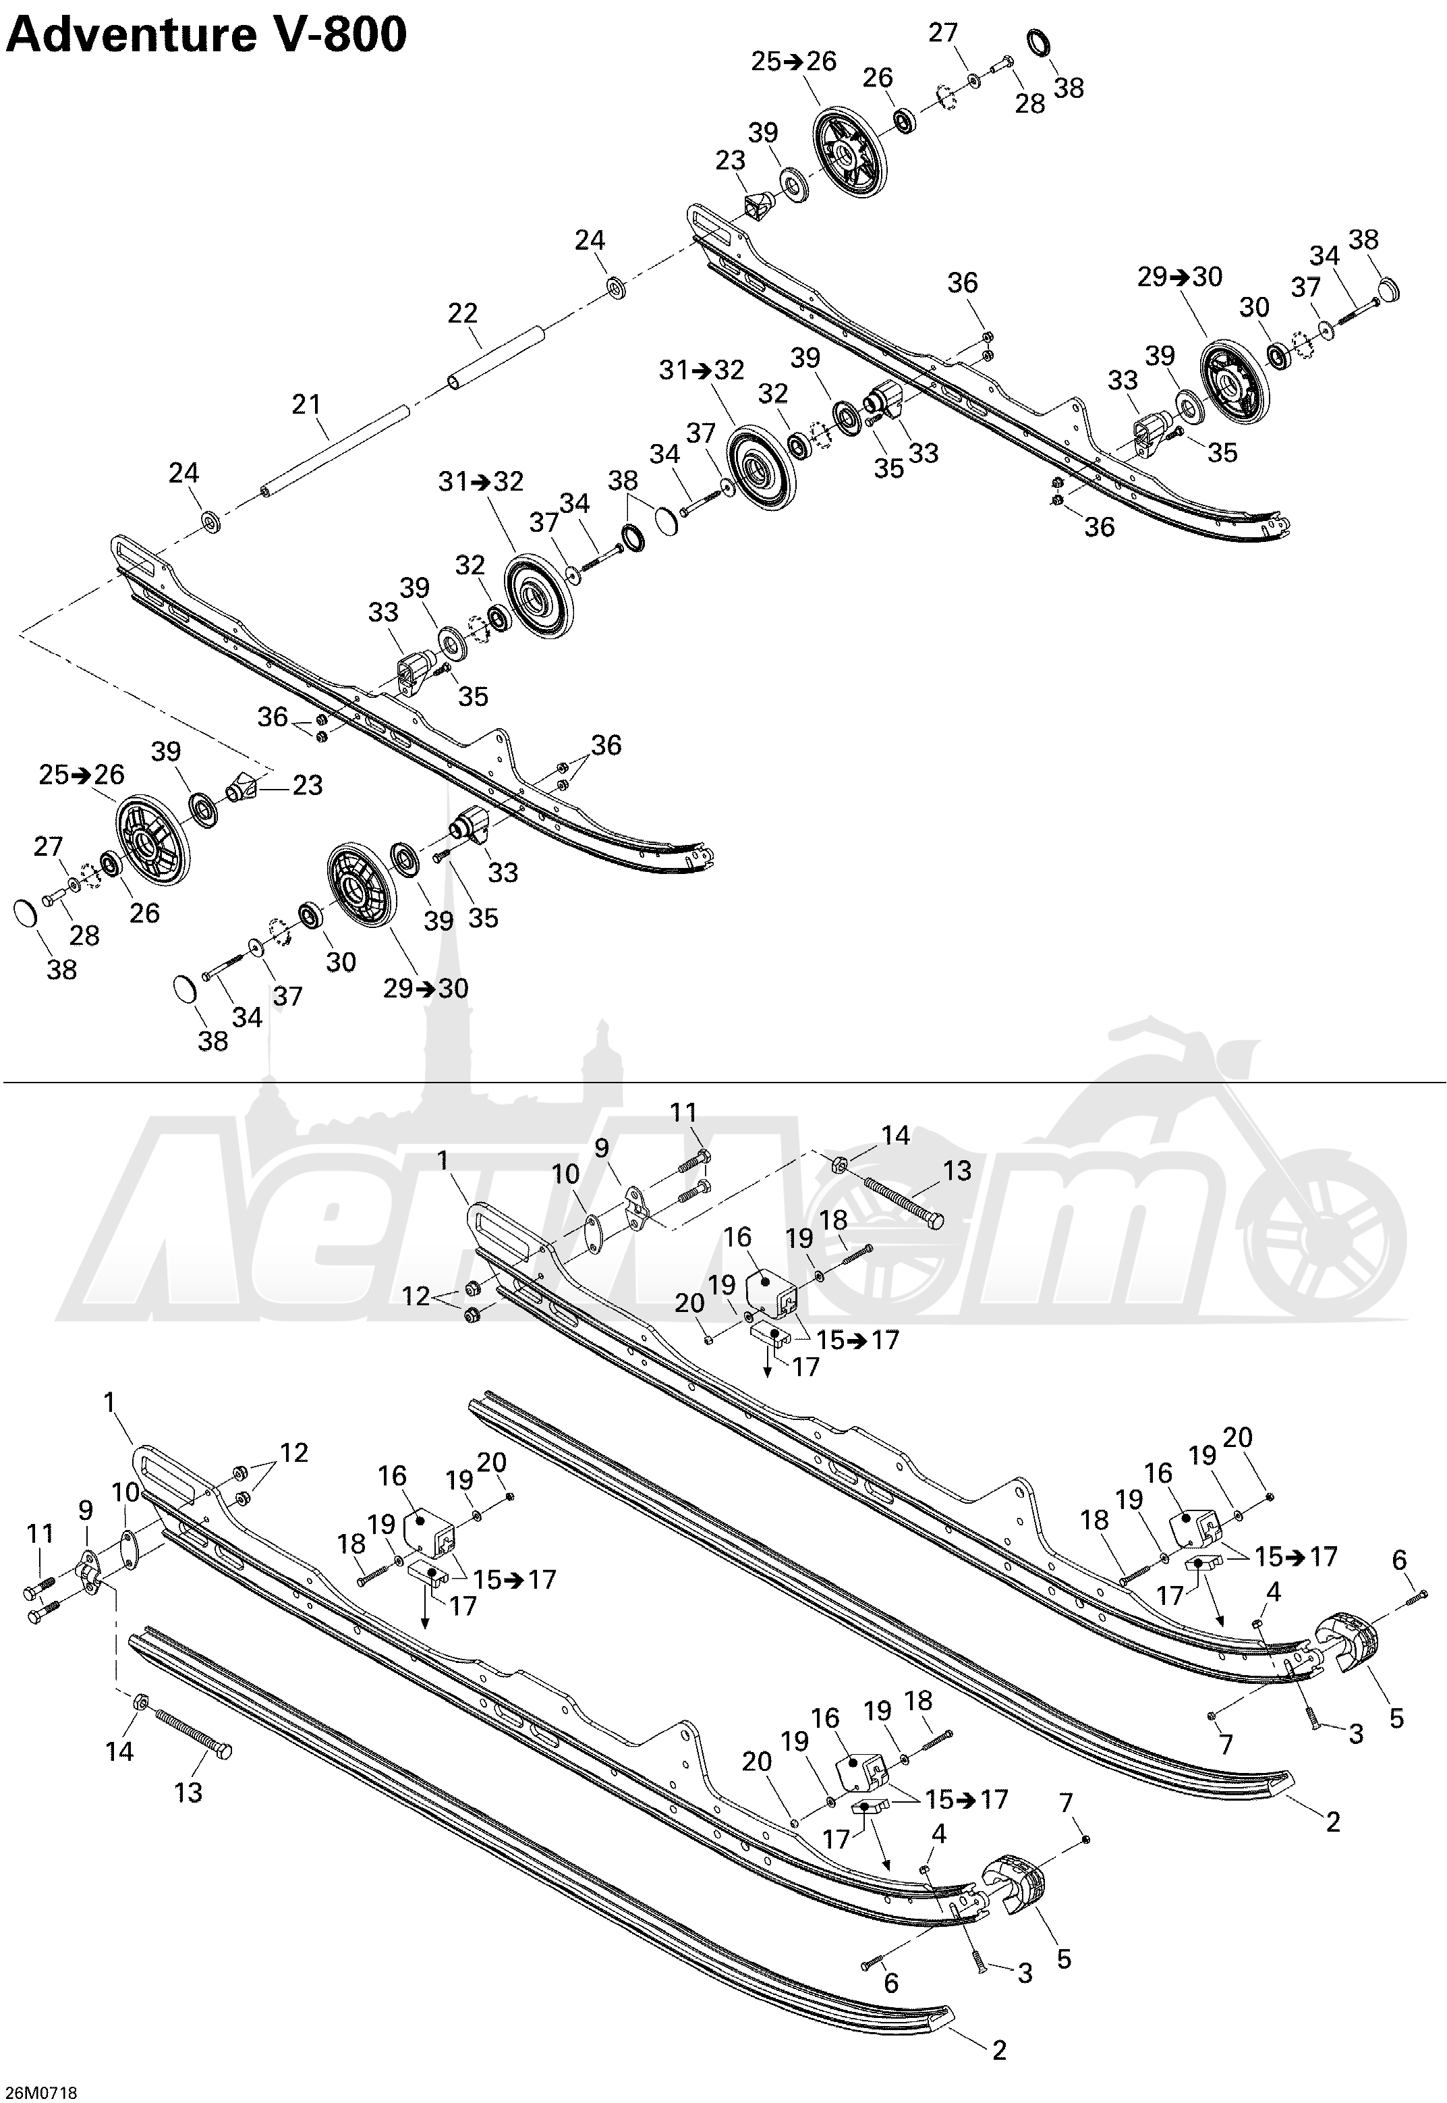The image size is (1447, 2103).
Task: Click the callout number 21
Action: (306, 404)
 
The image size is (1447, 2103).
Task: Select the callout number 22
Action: (462, 314)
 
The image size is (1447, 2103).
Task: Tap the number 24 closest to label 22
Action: (590, 240)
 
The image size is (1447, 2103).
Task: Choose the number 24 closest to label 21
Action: (185, 472)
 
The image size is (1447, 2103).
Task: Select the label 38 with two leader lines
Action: (623, 481)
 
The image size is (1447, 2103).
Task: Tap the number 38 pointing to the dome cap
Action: (1363, 240)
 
